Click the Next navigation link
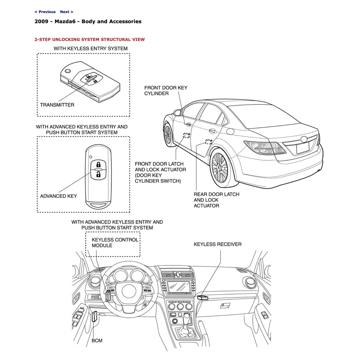[x=66, y=12]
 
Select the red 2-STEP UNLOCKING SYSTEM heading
[x=89, y=39]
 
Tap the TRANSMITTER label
[x=57, y=105]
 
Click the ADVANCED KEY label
[x=58, y=196]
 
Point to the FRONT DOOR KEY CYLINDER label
[x=166, y=91]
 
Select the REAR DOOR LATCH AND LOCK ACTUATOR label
[x=216, y=200]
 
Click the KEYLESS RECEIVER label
[x=218, y=244]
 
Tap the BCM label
[x=97, y=340]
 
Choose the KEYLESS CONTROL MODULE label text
[x=115, y=243]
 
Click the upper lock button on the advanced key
[x=99, y=165]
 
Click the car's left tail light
[x=264, y=148]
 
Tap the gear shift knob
[x=187, y=317]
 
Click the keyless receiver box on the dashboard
[x=203, y=297]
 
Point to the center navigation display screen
[x=179, y=287]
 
